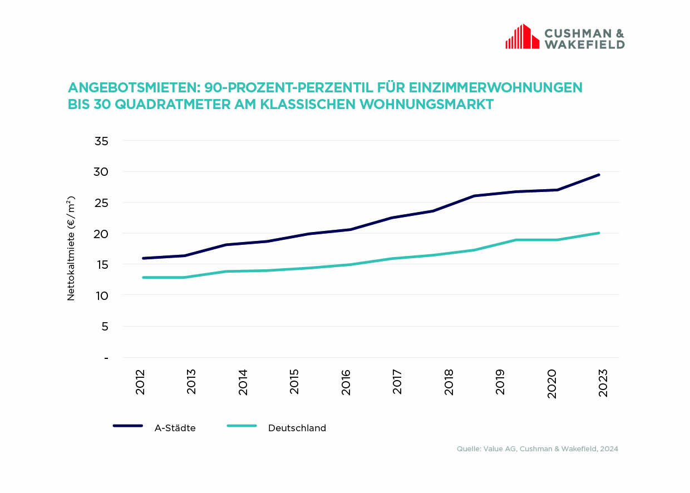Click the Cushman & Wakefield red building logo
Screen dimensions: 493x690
522,37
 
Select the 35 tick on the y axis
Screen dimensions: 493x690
101,141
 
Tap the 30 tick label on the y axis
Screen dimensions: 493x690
101,172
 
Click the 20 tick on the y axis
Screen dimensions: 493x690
101,234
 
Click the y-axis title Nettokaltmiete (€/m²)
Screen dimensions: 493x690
71,248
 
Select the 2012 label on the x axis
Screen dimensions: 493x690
140,382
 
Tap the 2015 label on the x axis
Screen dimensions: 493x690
294,382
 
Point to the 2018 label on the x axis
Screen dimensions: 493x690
449,382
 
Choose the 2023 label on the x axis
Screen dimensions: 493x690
603,382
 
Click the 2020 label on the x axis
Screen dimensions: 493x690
552,382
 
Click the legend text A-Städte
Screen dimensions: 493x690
175,428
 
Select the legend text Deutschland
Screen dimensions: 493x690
297,428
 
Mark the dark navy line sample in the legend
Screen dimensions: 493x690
128,426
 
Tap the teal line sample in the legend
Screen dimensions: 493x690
241,426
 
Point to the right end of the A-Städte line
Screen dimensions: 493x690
599,175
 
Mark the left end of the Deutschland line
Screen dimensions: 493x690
144,277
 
